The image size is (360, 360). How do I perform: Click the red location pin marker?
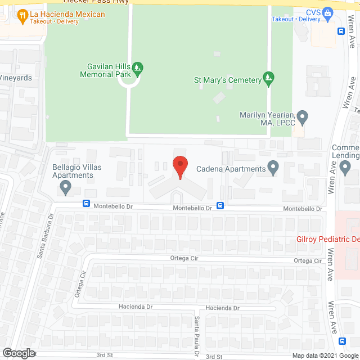point(179,166)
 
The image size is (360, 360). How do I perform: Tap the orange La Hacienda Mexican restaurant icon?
point(23,17)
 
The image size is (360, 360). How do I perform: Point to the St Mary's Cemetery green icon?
point(269,79)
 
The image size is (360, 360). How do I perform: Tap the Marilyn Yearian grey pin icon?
point(303,118)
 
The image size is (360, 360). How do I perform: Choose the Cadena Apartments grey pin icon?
point(273,168)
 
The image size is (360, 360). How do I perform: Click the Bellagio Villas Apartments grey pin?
point(66,187)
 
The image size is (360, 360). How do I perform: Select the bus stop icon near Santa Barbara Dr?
point(87,204)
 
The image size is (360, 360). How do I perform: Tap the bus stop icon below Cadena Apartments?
point(221,206)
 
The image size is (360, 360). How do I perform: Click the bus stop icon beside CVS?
point(341,31)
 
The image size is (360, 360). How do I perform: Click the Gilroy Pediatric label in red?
point(327,239)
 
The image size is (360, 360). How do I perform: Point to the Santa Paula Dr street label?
point(197,336)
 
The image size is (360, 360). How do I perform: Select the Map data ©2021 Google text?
point(325,355)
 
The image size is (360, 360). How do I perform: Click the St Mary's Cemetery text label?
point(227,80)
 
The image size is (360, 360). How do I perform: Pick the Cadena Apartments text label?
point(231,169)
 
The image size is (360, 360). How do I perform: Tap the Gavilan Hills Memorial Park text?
point(105,70)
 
